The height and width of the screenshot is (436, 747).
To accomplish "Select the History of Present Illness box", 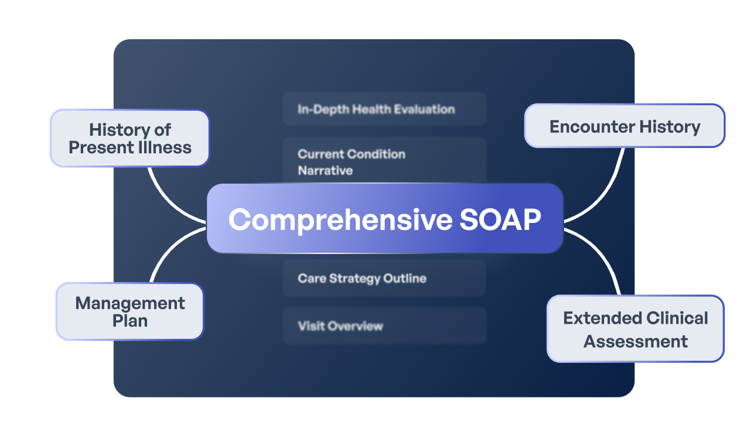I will (129, 138).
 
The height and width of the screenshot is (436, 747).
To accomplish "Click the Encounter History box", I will (625, 126).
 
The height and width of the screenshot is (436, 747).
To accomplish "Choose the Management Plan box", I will (129, 311).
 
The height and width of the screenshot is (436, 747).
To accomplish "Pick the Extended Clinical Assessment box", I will (635, 329).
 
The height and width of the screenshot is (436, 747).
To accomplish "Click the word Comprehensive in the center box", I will (340, 220).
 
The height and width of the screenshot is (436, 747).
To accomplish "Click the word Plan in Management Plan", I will (129, 321).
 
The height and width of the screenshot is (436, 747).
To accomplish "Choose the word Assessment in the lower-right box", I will (635, 341).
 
